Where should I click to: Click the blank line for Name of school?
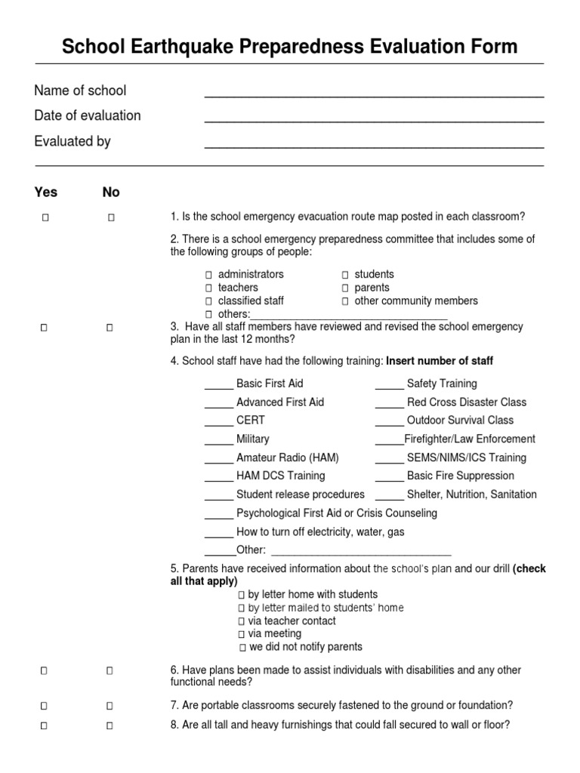pos(374,95)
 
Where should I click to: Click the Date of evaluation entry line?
pos(374,120)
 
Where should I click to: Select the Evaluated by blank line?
pos(374,146)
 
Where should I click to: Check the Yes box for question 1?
pos(45,218)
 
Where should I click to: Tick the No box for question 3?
pos(110,328)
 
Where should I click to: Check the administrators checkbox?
pos(209,275)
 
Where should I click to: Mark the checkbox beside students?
pos(345,275)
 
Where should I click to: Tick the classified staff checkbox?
pos(209,301)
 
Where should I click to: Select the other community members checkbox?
pos(345,301)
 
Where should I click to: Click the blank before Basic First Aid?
pos(219,386)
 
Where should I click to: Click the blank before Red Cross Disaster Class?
pos(390,405)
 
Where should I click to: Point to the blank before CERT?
pos(219,423)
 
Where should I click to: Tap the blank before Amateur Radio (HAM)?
pos(219,460)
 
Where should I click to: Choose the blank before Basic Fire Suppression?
pos(390,479)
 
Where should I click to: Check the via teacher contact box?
pos(242,621)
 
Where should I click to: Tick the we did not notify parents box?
pos(242,648)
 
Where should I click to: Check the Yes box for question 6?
pos(45,670)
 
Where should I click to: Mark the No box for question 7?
pos(110,706)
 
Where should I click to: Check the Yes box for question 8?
pos(45,725)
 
